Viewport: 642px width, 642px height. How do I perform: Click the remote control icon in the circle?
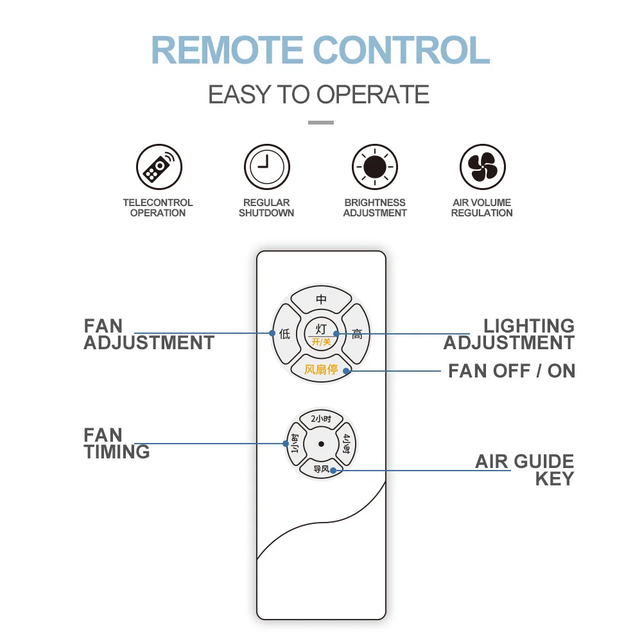pyautogui.click(x=159, y=167)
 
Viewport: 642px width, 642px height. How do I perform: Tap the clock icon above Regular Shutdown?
pyautogui.click(x=266, y=167)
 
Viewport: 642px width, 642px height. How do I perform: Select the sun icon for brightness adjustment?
pyautogui.click(x=375, y=167)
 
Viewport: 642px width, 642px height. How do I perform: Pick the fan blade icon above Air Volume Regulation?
pyautogui.click(x=482, y=167)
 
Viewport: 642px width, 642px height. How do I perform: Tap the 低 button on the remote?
pyautogui.click(x=284, y=334)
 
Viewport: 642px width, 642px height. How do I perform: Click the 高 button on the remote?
pyautogui.click(x=357, y=334)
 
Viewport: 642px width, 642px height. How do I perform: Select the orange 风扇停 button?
pyautogui.click(x=321, y=370)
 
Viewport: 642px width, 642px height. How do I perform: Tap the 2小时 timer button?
pyautogui.click(x=321, y=419)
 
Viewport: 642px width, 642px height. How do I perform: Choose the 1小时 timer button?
pyautogui.click(x=295, y=444)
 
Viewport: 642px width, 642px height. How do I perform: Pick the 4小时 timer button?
pyautogui.click(x=347, y=444)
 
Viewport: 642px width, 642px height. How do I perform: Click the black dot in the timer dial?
pyautogui.click(x=321, y=444)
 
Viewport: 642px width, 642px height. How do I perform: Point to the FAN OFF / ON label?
pyautogui.click(x=512, y=371)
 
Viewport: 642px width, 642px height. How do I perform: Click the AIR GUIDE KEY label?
pyautogui.click(x=525, y=471)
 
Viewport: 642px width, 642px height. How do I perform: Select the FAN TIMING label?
pyautogui.click(x=116, y=444)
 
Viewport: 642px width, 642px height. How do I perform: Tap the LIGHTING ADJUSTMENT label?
pyautogui.click(x=510, y=334)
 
